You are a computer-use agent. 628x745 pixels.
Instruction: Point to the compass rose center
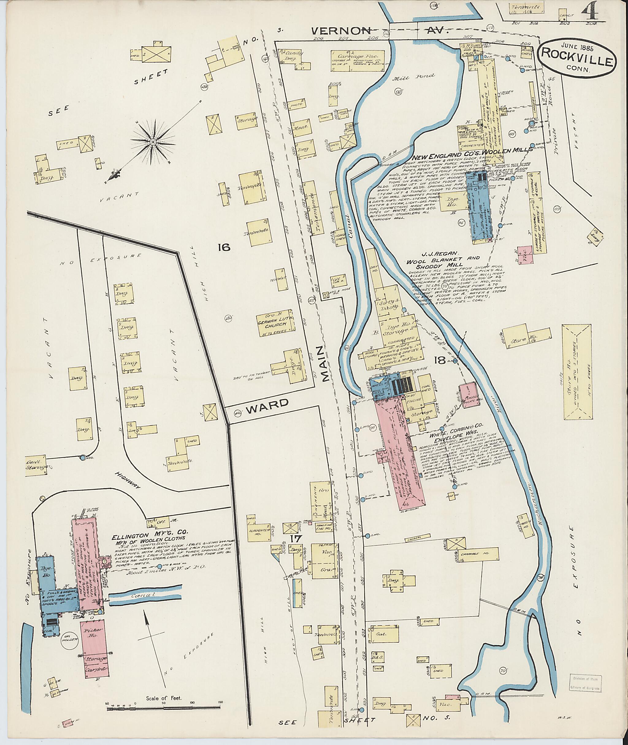(x=153, y=142)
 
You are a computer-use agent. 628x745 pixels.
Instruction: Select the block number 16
(x=225, y=247)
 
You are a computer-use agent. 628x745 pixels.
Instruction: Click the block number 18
(x=440, y=361)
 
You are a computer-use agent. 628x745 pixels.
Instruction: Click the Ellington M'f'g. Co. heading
(x=150, y=537)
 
